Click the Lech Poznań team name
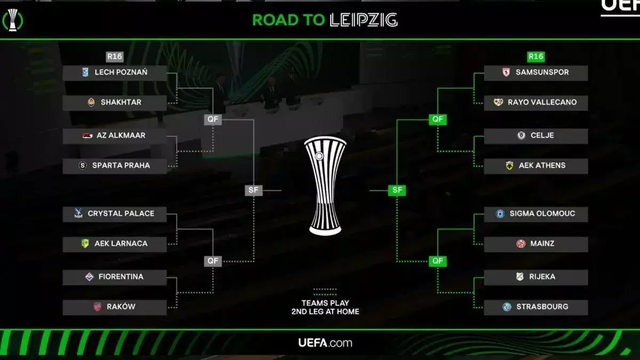[x=121, y=73]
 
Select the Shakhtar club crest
[x=91, y=102]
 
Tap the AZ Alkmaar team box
[x=115, y=135]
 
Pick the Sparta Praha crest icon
[x=83, y=165]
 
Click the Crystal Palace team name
[x=121, y=213]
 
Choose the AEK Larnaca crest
[x=85, y=243]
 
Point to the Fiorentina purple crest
[x=90, y=277]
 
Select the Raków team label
[x=121, y=307]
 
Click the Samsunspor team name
[x=542, y=73]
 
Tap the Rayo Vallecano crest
[x=498, y=102]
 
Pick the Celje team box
[x=536, y=136]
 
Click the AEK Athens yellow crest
[x=509, y=165]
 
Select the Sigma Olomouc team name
[x=542, y=213]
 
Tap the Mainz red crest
[x=521, y=243]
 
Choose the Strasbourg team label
[x=542, y=307]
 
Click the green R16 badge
[x=535, y=57]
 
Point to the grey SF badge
[x=253, y=190]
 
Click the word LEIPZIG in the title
[x=363, y=20]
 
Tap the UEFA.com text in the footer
[x=325, y=342]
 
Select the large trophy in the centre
[x=325, y=186]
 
